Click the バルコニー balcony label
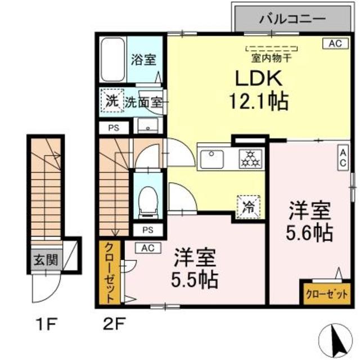(292, 19)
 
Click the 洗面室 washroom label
(143, 102)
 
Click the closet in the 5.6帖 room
(325, 292)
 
